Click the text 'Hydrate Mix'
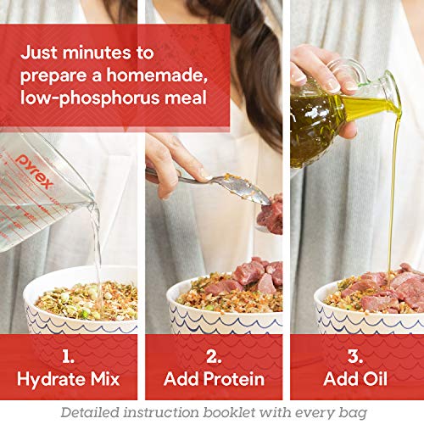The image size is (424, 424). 68,377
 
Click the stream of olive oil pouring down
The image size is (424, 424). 393,195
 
